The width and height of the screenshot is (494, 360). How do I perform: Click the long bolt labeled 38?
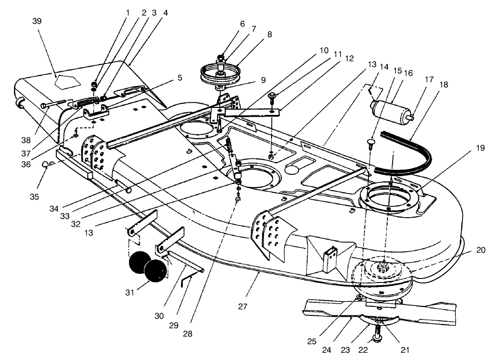click(54, 105)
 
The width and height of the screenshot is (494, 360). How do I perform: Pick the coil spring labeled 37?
click(88, 103)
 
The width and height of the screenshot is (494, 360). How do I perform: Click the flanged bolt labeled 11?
click(273, 96)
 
